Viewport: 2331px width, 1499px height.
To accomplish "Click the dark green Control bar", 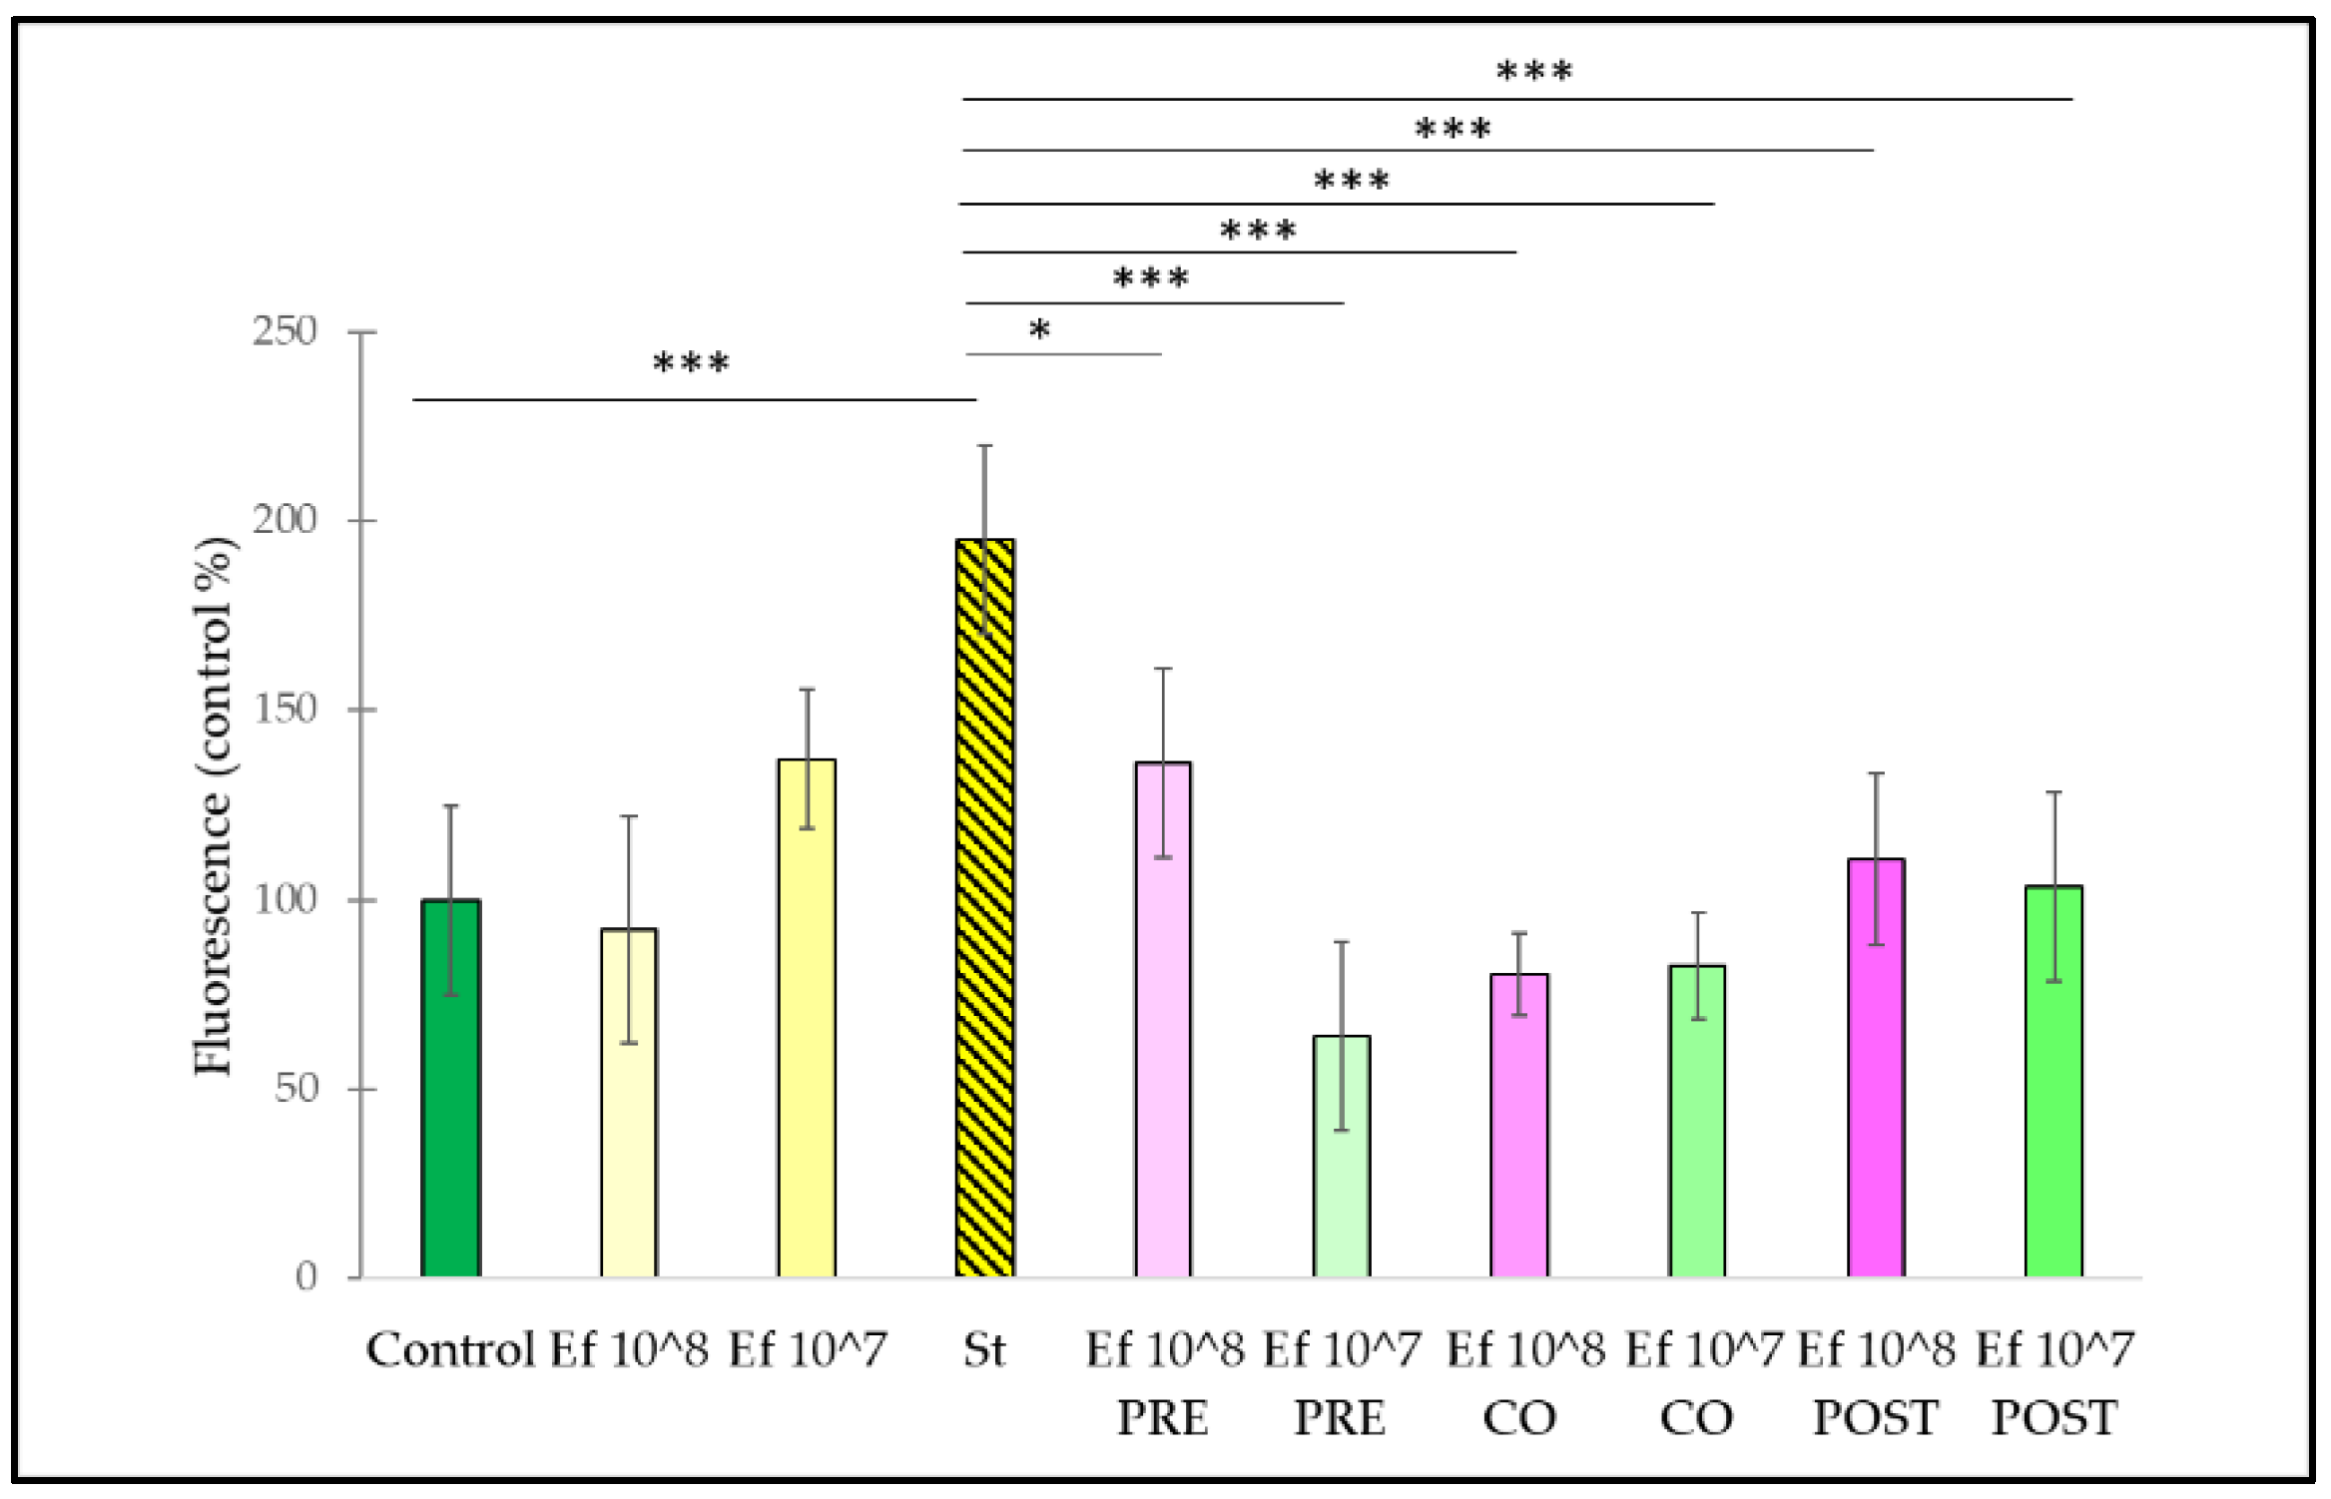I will [450, 1088].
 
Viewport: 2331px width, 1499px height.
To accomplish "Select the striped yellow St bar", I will [984, 908].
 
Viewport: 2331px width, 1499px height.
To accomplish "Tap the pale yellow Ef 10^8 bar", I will [629, 1103].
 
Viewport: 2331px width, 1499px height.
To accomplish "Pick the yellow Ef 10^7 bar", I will [807, 1018].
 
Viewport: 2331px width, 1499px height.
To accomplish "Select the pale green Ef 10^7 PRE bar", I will [1341, 1157].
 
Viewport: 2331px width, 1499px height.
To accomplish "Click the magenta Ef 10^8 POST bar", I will [1876, 1068].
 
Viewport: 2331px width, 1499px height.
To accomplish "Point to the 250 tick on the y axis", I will [285, 331].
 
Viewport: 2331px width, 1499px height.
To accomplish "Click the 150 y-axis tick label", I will [285, 710].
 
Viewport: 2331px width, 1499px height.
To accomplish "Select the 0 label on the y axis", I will [305, 1276].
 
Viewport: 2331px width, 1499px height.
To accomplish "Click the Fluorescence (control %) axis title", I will [213, 806].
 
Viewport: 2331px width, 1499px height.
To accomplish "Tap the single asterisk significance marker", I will [1039, 330].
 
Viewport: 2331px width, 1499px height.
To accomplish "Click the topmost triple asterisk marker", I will [1534, 72].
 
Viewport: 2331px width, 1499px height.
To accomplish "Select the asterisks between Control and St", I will [691, 363].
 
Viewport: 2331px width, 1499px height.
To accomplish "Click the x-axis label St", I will [984, 1350].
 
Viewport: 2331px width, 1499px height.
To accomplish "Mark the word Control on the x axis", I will [450, 1350].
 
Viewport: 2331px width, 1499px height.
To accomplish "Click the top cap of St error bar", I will [984, 446].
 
